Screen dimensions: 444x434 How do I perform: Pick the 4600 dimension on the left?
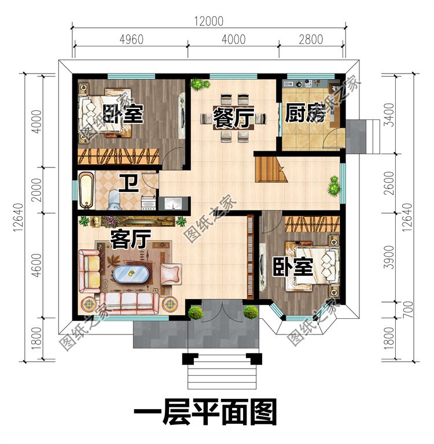coord(36,265)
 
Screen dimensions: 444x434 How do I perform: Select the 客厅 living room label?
coord(131,238)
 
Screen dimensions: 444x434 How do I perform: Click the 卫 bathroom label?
coord(128,184)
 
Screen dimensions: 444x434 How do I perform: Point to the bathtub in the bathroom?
coord(86,190)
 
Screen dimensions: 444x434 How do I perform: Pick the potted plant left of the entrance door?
coord(196,313)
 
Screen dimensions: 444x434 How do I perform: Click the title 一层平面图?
coord(206,414)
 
